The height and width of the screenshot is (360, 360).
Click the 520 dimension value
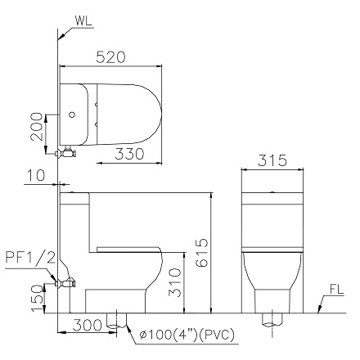pyautogui.click(x=110, y=57)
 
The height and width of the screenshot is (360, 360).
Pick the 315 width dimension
pyautogui.click(x=273, y=161)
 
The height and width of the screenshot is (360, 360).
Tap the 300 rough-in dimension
pyautogui.click(x=85, y=326)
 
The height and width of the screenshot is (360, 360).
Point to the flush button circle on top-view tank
pyautogui.click(x=71, y=113)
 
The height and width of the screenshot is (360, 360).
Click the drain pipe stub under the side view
pyautogui.click(x=119, y=322)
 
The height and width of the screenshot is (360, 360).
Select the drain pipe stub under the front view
pyautogui.click(x=268, y=320)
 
